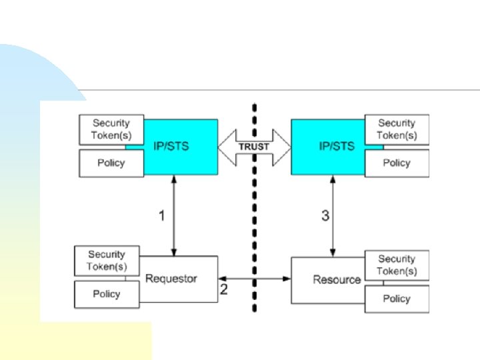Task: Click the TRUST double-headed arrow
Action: click(254, 147)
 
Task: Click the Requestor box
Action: click(179, 279)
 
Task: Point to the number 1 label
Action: click(161, 215)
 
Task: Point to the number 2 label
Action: click(224, 289)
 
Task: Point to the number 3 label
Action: click(325, 216)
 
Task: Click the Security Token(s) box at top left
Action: click(111, 129)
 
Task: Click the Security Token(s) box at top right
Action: click(397, 129)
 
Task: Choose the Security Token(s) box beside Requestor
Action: click(107, 261)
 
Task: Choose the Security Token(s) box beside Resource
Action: click(397, 265)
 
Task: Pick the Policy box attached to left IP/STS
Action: click(111, 163)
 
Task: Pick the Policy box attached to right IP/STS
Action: click(397, 163)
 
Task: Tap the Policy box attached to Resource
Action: click(397, 299)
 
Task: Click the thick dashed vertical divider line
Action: click(254, 220)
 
